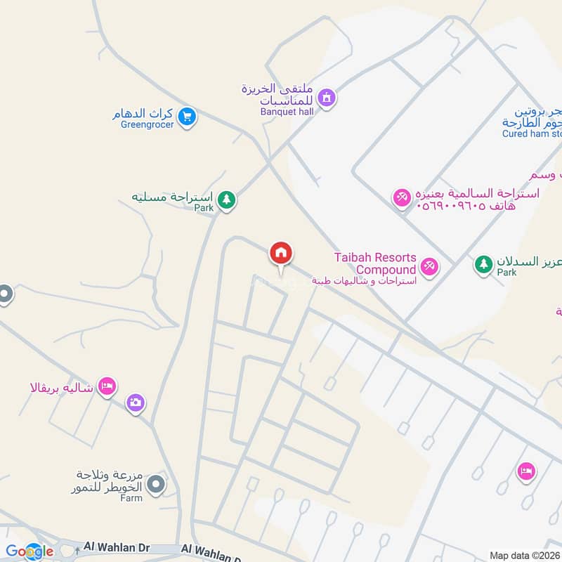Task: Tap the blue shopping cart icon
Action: tap(186, 117)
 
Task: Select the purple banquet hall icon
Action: tap(326, 98)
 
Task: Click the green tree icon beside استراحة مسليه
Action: tap(226, 200)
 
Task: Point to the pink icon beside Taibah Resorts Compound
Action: tap(429, 267)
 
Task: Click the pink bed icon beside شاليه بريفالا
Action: tap(107, 386)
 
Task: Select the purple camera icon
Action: tap(136, 403)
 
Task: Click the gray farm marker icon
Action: tap(158, 484)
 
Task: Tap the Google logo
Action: tap(30, 551)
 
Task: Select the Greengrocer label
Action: tap(147, 125)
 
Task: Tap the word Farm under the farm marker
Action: tap(131, 498)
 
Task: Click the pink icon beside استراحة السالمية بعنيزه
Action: tap(402, 197)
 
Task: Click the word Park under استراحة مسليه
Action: tap(204, 208)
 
